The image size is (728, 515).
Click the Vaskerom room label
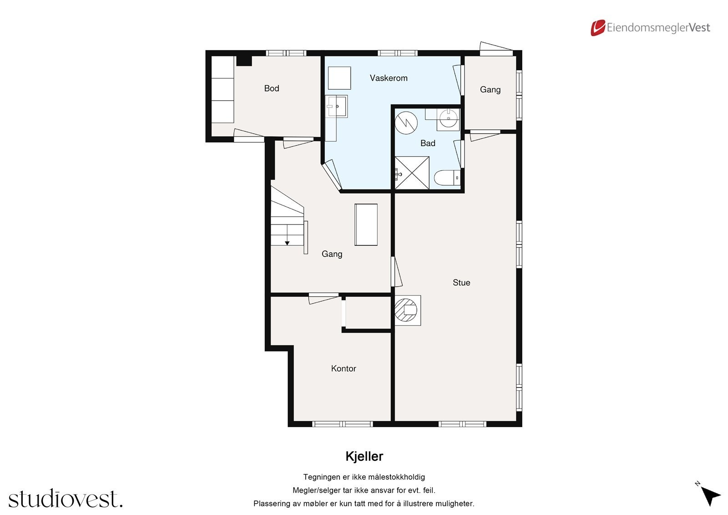pyautogui.click(x=388, y=78)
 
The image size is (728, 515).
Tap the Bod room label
pyautogui.click(x=271, y=88)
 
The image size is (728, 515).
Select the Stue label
pyautogui.click(x=461, y=282)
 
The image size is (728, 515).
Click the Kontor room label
pyautogui.click(x=343, y=368)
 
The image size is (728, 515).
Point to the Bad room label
pyautogui.click(x=427, y=143)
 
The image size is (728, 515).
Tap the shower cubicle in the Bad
pyautogui.click(x=412, y=173)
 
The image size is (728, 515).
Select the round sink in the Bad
pyautogui.click(x=449, y=119)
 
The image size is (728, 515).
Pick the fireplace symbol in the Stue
pyautogui.click(x=408, y=311)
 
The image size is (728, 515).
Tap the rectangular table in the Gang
pyautogui.click(x=366, y=224)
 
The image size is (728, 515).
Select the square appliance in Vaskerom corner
pyautogui.click(x=339, y=78)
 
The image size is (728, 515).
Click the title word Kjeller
pyautogui.click(x=364, y=456)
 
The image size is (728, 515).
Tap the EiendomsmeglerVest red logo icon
pyautogui.click(x=597, y=28)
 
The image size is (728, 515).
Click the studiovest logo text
pyautogui.click(x=66, y=499)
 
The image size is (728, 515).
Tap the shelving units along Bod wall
pyautogui.click(x=222, y=89)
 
